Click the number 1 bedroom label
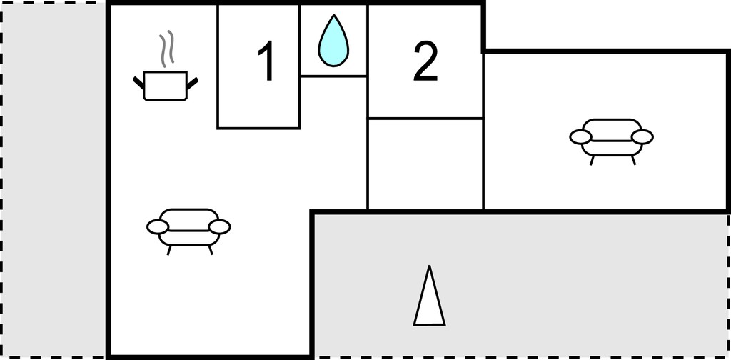click(x=267, y=61)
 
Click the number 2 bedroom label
click(x=425, y=61)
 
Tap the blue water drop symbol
click(x=333, y=41)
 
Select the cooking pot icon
click(x=166, y=86)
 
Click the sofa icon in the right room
click(x=611, y=141)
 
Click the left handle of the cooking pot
click(x=138, y=83)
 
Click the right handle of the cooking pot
click(x=193, y=83)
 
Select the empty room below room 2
click(x=425, y=164)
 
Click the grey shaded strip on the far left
click(x=53, y=180)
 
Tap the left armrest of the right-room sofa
click(x=580, y=136)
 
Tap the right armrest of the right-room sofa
click(x=642, y=136)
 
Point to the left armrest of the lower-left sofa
click(x=158, y=227)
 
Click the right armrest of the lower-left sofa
click(x=219, y=227)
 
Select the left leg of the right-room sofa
click(x=592, y=161)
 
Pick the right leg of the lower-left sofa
click(x=211, y=251)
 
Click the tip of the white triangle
click(x=429, y=266)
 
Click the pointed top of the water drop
click(x=334, y=15)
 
